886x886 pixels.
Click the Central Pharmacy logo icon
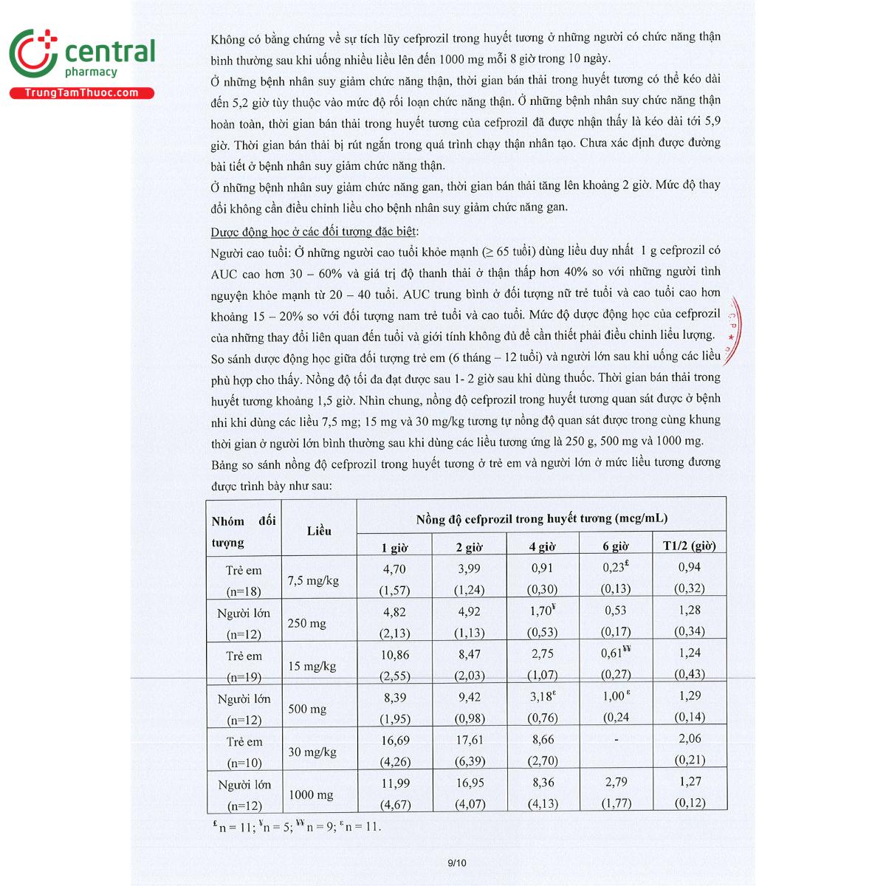[33, 53]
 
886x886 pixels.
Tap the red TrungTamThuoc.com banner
[81, 93]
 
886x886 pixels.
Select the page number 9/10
[457, 862]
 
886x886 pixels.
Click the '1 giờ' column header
[394, 547]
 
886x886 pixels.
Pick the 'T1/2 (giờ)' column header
[689, 546]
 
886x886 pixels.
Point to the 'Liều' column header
[319, 531]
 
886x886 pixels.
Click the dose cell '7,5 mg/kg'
[313, 580]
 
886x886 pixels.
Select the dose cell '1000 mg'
[311, 794]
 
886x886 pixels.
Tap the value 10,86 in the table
[395, 655]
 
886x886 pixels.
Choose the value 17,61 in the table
[470, 740]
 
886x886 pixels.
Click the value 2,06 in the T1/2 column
[690, 738]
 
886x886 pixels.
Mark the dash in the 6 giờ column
[616, 740]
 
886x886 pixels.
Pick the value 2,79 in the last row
[616, 782]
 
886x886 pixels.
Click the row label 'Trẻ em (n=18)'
[244, 580]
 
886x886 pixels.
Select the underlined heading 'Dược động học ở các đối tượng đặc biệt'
[315, 232]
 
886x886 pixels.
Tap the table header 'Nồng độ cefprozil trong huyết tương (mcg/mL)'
[541, 518]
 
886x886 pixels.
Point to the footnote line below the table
[296, 827]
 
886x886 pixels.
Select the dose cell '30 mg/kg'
[312, 752]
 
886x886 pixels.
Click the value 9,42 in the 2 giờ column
[470, 697]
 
